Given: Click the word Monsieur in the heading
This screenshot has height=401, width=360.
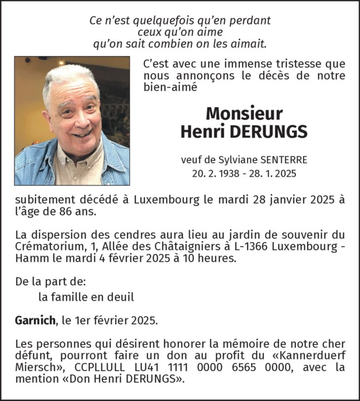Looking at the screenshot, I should [244, 113].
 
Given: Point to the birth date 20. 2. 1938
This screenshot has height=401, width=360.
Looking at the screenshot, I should [216, 173].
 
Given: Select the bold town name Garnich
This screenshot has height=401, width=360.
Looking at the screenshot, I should [35, 320].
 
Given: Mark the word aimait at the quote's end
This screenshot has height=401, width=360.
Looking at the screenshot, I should [251, 44].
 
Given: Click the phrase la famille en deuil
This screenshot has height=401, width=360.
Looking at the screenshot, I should [86, 297].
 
